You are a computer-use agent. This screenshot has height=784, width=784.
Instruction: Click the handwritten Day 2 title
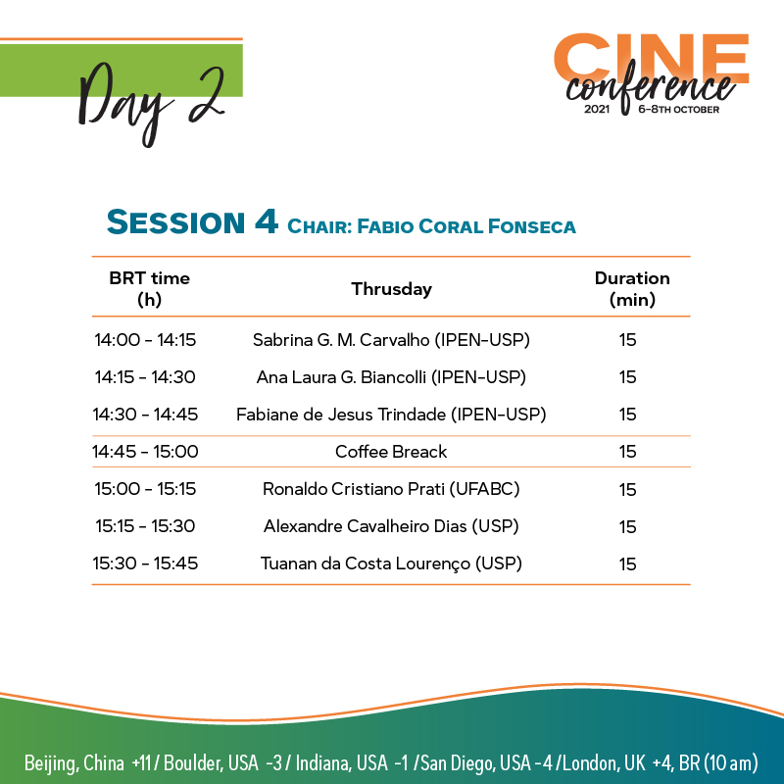point(150,103)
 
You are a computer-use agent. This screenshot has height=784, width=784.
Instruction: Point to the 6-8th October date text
point(678,110)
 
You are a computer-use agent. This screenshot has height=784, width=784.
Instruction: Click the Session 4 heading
point(192,222)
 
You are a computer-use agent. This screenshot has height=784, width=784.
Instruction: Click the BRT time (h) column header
point(150,288)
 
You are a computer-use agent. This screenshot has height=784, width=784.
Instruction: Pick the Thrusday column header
point(391,289)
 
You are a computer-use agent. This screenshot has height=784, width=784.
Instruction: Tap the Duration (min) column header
point(632,288)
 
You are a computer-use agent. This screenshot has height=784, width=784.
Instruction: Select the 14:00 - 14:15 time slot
point(145,340)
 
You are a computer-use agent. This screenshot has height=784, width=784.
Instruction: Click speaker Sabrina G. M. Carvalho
point(341,340)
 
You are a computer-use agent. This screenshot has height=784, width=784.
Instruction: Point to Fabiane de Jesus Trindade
point(341,415)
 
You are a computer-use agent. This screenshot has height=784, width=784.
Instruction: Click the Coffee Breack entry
point(391,452)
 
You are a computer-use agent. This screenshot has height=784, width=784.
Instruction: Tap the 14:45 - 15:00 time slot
point(145,452)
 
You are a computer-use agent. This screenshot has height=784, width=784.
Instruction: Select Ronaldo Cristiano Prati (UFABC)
point(391,489)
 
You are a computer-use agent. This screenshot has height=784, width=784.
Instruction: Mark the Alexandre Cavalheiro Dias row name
point(365,526)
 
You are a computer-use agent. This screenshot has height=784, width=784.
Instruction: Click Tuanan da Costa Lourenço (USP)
point(391,563)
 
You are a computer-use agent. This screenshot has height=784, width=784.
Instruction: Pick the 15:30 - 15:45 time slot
point(145,563)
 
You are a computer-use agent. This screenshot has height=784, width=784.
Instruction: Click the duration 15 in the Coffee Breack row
point(627,452)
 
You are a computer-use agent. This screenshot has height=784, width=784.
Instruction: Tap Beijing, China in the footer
point(74,763)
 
